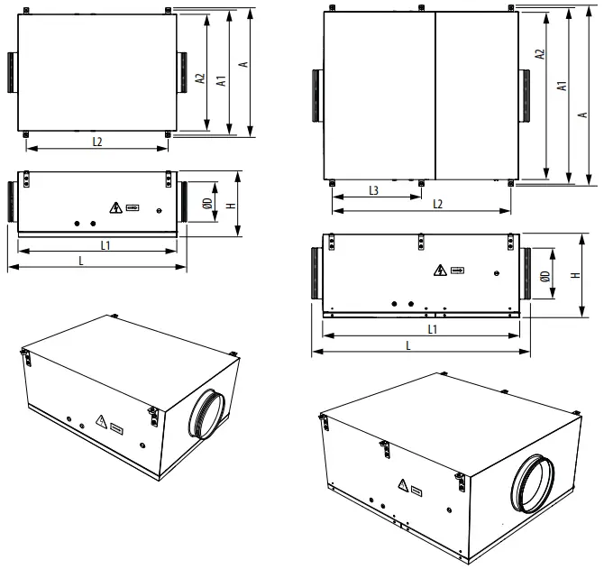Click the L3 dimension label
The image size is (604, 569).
coord(373,190)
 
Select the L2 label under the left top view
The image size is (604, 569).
coord(97,141)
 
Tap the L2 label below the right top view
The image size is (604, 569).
coord(438,204)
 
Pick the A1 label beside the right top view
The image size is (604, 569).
coord(562,87)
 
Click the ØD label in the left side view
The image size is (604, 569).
coord(206,206)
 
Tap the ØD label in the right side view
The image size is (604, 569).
coord(545,278)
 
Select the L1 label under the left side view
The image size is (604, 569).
coord(105,245)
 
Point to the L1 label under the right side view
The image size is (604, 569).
coord(433,329)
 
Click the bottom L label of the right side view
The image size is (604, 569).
coord(407,345)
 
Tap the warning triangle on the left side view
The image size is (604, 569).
coord(114,207)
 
